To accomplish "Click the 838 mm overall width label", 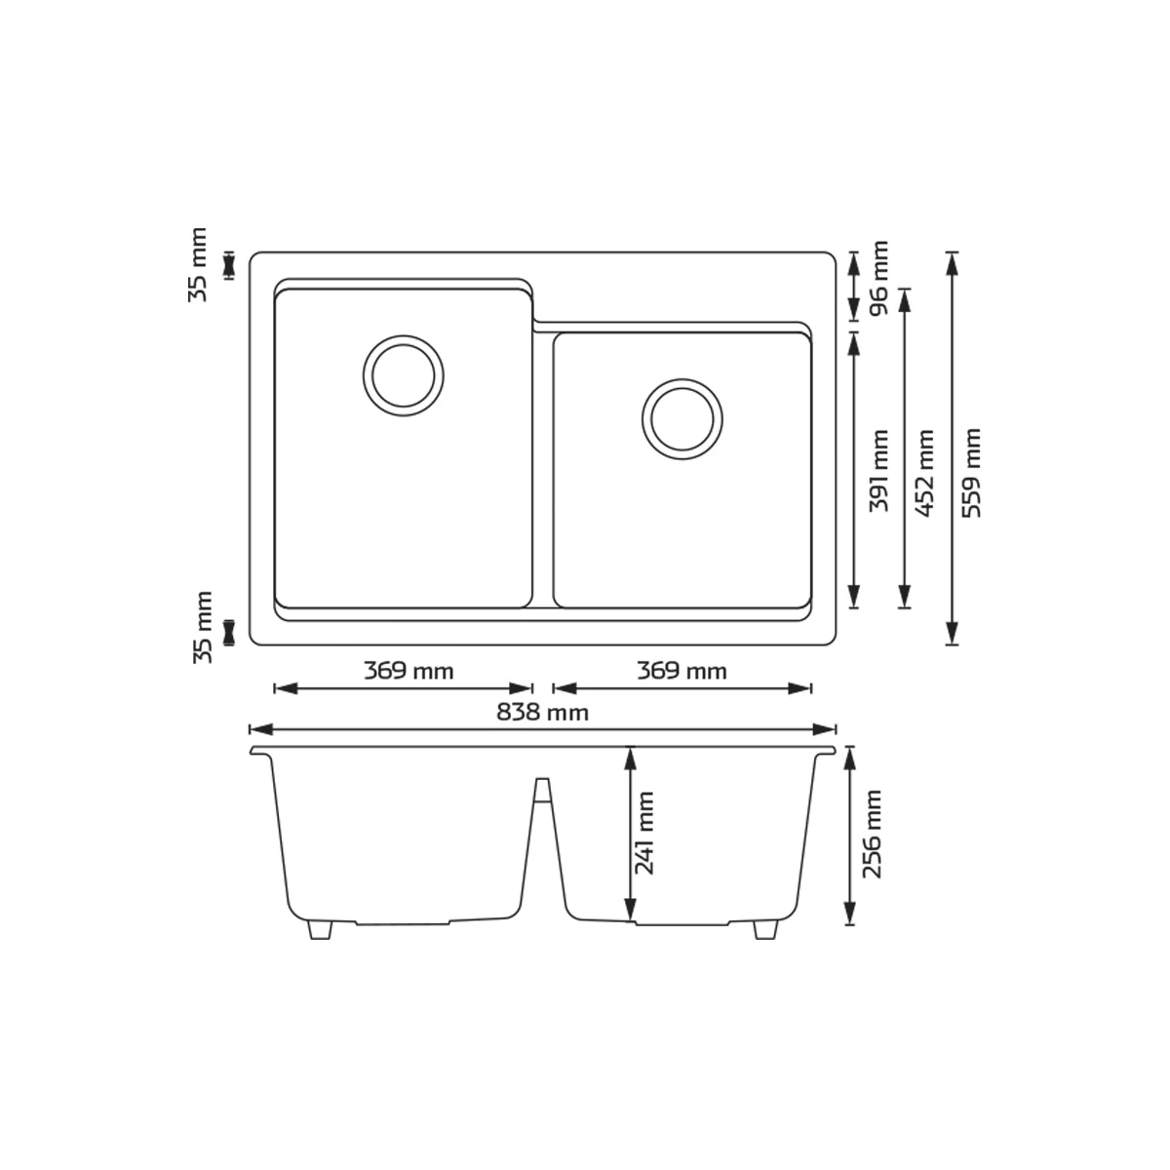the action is coord(542,712).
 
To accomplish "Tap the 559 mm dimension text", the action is coord(972,473).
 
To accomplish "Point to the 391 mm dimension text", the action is coord(878,471).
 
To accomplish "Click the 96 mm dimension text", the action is coord(878,278).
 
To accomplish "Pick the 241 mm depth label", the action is coord(644,833).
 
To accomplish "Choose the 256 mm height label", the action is coord(872,834).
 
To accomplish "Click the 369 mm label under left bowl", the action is coord(409,672).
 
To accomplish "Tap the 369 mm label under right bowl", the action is coord(682,672).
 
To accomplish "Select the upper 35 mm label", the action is coord(197,265).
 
